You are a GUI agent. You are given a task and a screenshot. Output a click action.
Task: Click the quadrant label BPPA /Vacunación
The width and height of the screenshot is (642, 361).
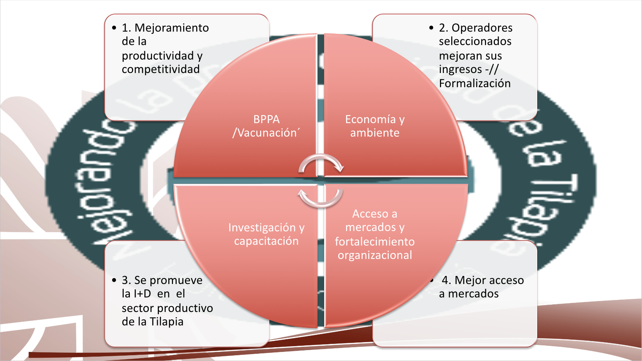click(266, 126)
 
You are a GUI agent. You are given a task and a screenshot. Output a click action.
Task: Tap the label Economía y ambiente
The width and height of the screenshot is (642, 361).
click(375, 126)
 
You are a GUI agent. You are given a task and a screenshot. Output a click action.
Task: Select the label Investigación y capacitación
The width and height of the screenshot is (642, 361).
click(266, 234)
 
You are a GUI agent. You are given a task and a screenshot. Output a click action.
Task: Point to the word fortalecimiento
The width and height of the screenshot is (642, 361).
click(375, 242)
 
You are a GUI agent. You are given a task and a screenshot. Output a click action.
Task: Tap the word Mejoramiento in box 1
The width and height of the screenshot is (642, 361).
click(172, 28)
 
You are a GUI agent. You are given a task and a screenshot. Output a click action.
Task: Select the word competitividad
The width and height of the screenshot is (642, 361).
click(161, 69)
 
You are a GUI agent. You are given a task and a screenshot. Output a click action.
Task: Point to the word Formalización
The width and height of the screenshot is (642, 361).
click(475, 84)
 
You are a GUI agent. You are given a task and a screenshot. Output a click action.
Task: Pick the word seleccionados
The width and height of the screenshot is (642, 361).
click(475, 41)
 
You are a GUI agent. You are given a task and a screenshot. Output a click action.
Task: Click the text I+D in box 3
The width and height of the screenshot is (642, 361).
click(142, 293)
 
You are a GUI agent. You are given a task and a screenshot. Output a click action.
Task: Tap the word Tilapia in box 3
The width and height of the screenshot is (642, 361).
click(167, 322)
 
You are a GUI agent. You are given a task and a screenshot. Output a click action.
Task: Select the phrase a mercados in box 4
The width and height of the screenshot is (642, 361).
click(469, 293)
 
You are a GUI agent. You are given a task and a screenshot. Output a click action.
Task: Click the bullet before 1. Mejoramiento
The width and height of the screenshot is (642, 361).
click(114, 28)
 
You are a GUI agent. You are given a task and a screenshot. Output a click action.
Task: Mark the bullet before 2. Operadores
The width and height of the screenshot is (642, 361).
click(431, 28)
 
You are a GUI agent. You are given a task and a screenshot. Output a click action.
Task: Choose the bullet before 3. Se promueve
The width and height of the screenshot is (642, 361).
click(114, 280)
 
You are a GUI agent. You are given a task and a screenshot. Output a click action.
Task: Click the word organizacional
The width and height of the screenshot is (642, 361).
click(375, 255)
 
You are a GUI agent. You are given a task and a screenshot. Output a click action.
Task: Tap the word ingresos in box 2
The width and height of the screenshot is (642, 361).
click(460, 69)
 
